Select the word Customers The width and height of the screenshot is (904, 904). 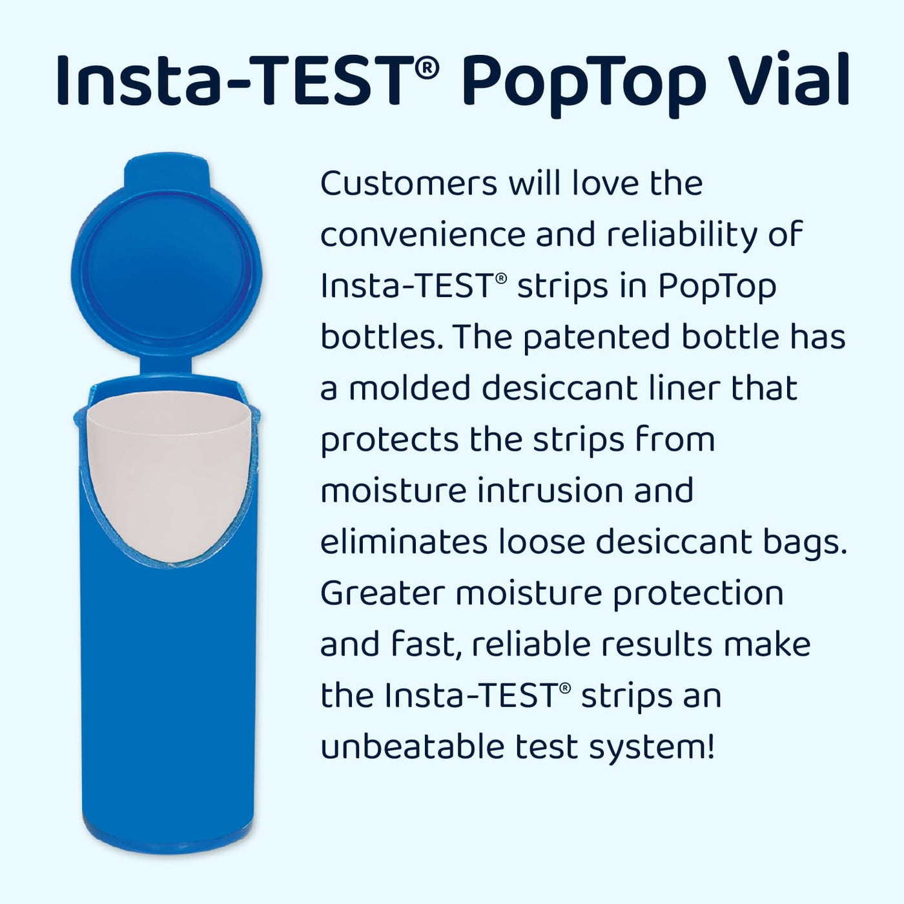[x=409, y=183]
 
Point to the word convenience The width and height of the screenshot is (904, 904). [x=422, y=234]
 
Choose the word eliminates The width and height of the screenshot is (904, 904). [x=404, y=542]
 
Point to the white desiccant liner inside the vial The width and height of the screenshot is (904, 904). [x=169, y=471]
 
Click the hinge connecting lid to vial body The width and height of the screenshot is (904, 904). [x=166, y=366]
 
